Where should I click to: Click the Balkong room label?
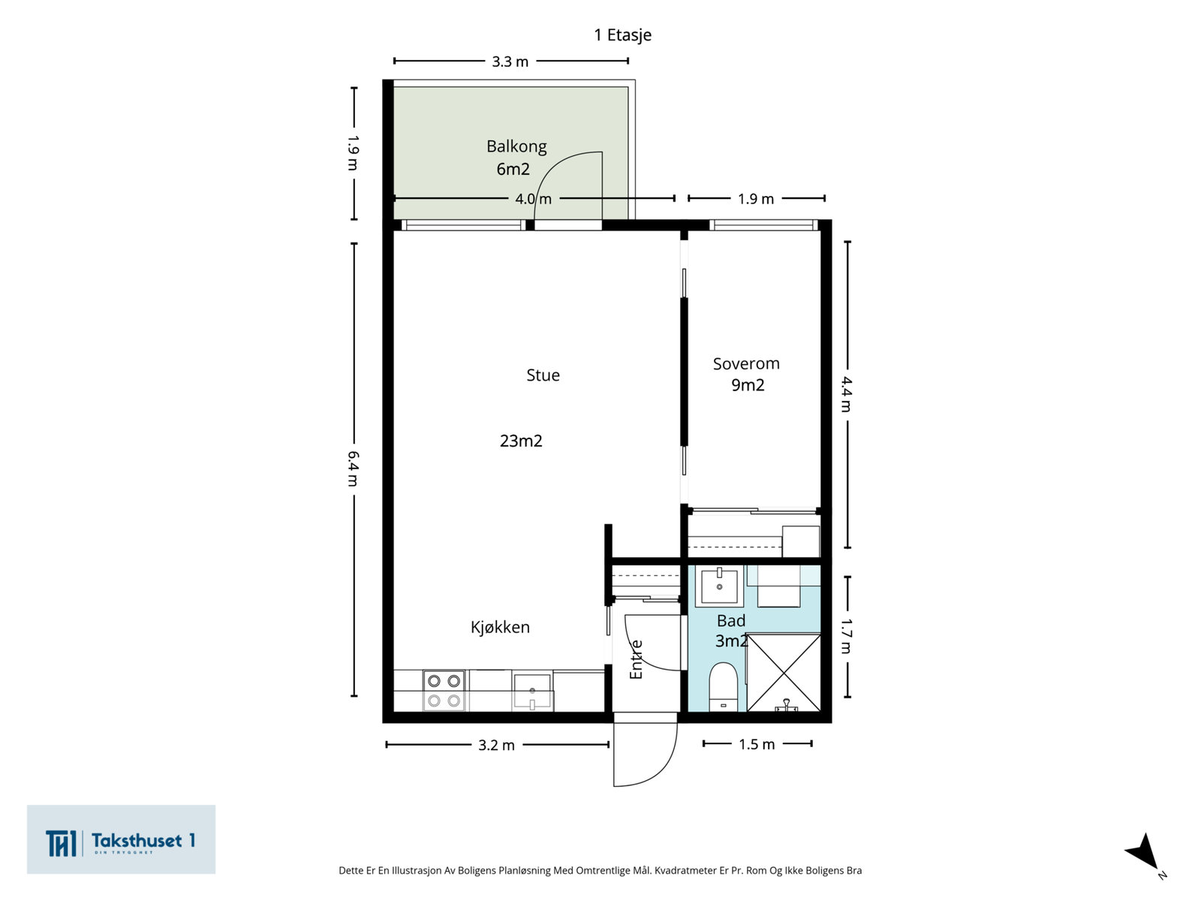516,146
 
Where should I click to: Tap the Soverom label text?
746,364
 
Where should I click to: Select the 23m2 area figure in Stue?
521,441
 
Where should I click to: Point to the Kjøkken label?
500,627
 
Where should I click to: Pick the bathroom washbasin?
719,586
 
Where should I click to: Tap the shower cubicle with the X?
784,672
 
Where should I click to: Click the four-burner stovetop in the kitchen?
444,690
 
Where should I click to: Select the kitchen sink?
532,692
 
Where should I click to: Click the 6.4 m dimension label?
354,469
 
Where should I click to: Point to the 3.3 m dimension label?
510,62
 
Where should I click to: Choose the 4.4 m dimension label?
847,394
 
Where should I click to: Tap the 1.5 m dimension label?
757,745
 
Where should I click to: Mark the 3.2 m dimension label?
496,746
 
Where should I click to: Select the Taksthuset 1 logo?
121,839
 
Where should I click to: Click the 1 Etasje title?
623,35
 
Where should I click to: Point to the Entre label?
636,660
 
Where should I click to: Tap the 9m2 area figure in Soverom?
748,385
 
